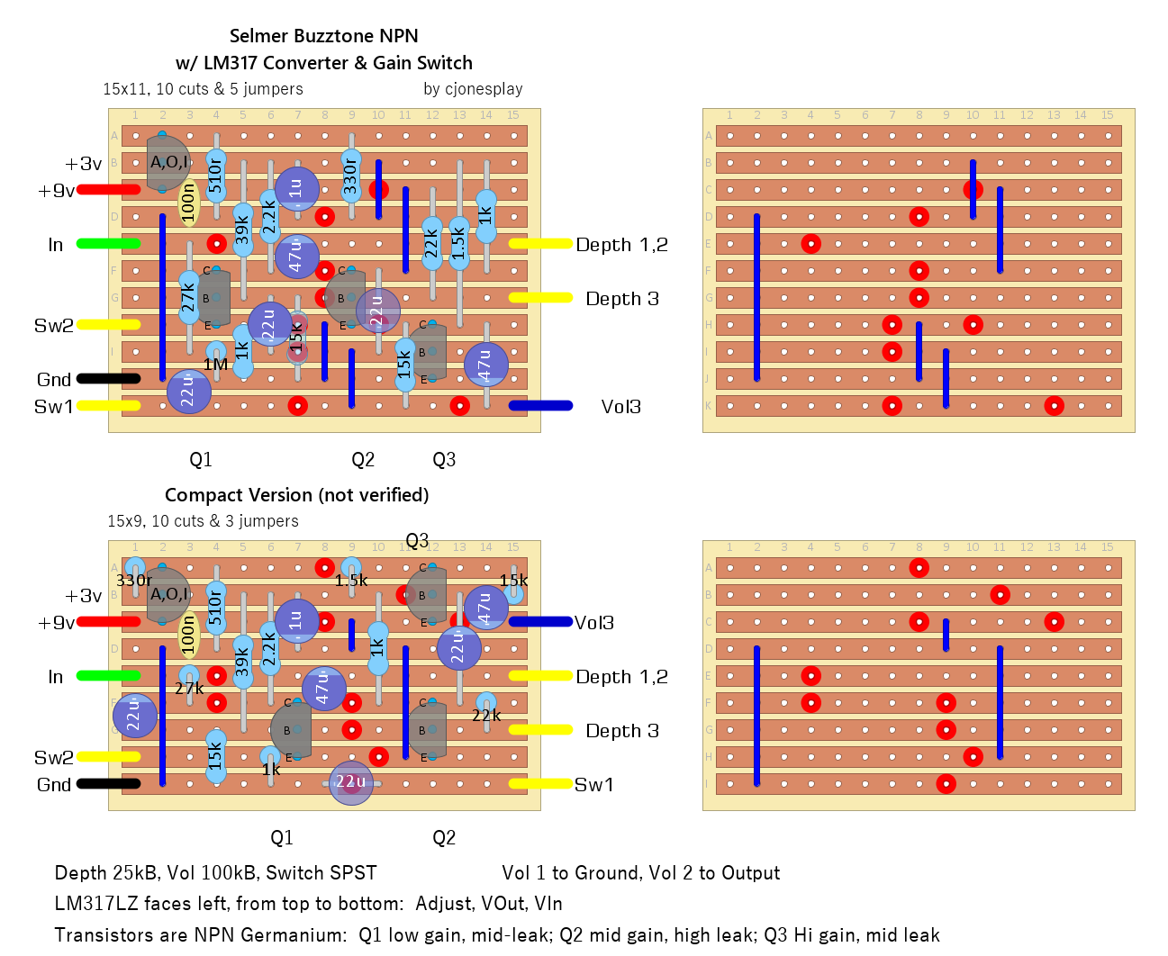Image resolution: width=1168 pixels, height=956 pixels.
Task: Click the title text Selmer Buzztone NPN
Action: click(x=323, y=36)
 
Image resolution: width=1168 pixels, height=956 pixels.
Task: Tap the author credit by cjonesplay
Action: click(x=473, y=89)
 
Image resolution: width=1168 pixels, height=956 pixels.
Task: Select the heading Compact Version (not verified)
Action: click(x=296, y=495)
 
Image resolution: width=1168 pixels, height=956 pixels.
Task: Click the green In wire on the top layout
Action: click(x=108, y=244)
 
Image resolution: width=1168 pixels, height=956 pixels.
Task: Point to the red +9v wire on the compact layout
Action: click(x=108, y=622)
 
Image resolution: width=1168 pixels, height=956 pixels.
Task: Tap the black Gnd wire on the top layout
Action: click(x=108, y=379)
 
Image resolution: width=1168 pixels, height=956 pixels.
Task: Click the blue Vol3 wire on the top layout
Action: click(x=540, y=406)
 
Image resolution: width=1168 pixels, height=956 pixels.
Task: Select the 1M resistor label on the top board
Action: click(x=215, y=365)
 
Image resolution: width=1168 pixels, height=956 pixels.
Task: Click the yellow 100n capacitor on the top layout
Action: click(x=188, y=203)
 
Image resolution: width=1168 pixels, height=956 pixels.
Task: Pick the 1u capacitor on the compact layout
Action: click(x=296, y=619)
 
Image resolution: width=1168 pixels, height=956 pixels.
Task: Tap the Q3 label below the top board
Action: click(x=444, y=460)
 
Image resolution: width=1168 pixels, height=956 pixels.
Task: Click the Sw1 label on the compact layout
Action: click(x=594, y=785)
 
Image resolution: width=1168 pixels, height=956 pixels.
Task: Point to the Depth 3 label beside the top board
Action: click(x=622, y=299)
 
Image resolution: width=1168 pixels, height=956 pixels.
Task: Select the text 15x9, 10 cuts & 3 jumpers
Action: click(x=203, y=521)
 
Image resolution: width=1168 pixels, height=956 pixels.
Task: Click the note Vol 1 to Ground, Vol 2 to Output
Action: click(x=640, y=873)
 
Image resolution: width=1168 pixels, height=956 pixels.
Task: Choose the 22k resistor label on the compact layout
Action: click(x=486, y=716)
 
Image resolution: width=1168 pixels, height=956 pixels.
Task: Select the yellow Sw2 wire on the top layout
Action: click(x=108, y=325)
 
